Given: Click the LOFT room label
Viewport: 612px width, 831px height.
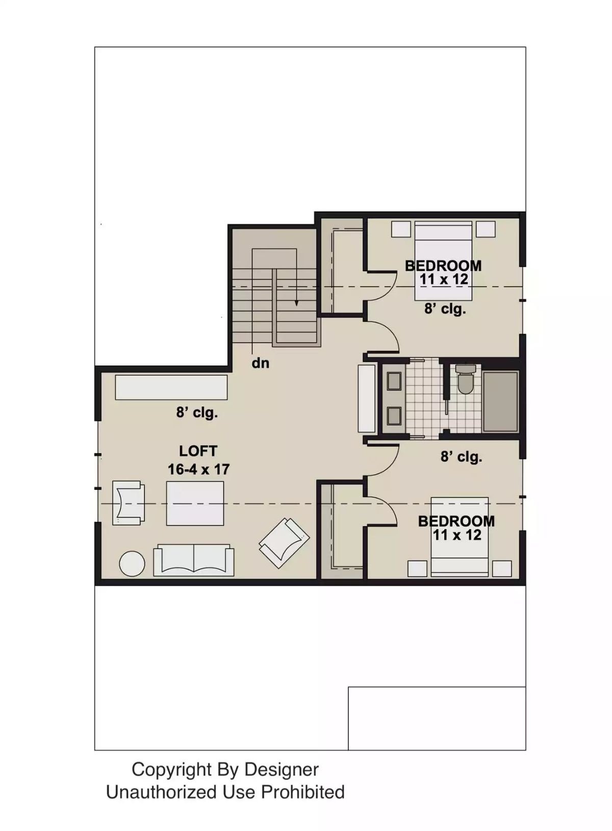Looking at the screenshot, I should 198,451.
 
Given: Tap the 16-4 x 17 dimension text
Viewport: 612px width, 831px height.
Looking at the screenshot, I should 199,470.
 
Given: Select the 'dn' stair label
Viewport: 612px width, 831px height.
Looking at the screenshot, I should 260,363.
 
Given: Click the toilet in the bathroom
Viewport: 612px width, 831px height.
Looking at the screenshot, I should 465,379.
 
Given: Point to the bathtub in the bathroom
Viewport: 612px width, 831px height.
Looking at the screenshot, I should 500,402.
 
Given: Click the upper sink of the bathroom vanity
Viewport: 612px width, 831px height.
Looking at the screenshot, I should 394,381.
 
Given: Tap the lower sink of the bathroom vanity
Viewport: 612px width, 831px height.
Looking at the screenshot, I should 394,416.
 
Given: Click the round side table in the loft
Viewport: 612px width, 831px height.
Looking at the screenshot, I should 132,564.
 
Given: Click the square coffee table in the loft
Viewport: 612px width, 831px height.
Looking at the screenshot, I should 195,503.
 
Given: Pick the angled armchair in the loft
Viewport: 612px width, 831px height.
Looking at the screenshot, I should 285,542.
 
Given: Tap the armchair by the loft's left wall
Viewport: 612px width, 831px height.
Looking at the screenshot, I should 128,503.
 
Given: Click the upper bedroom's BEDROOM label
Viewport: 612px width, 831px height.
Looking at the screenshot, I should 443,266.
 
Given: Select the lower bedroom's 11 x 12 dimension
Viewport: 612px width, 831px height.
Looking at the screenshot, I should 457,535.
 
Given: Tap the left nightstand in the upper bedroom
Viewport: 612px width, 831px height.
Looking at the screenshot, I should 401,228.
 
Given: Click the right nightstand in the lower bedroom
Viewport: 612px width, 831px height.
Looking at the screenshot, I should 502,568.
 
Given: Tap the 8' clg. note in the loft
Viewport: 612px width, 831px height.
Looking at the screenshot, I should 197,412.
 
